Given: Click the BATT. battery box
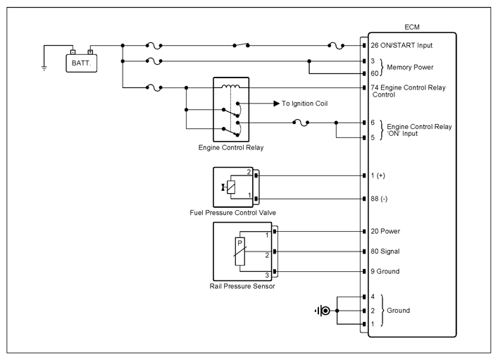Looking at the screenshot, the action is click(81, 63).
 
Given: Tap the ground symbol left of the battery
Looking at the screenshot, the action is click(44, 68).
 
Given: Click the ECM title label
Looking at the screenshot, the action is click(412, 27).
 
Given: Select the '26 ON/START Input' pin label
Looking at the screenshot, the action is click(401, 45).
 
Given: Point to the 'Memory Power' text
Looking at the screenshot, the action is click(410, 68).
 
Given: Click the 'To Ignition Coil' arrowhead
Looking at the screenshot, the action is click(277, 104).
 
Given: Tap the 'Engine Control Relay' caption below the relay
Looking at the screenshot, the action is click(231, 148).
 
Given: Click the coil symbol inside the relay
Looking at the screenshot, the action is click(230, 86).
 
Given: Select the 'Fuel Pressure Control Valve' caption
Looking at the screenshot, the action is click(233, 213).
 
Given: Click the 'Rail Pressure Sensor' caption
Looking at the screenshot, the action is click(242, 286).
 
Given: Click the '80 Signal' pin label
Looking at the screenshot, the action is click(385, 252).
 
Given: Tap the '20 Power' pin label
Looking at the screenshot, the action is click(385, 231).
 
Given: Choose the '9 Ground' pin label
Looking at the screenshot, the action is click(385, 271).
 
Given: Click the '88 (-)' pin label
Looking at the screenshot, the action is click(379, 199).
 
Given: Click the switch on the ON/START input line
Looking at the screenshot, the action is click(241, 45).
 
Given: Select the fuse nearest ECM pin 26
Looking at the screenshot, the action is click(336, 46).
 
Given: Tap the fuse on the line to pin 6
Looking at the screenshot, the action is click(301, 123).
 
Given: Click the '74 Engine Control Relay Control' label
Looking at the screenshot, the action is click(408, 91).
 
